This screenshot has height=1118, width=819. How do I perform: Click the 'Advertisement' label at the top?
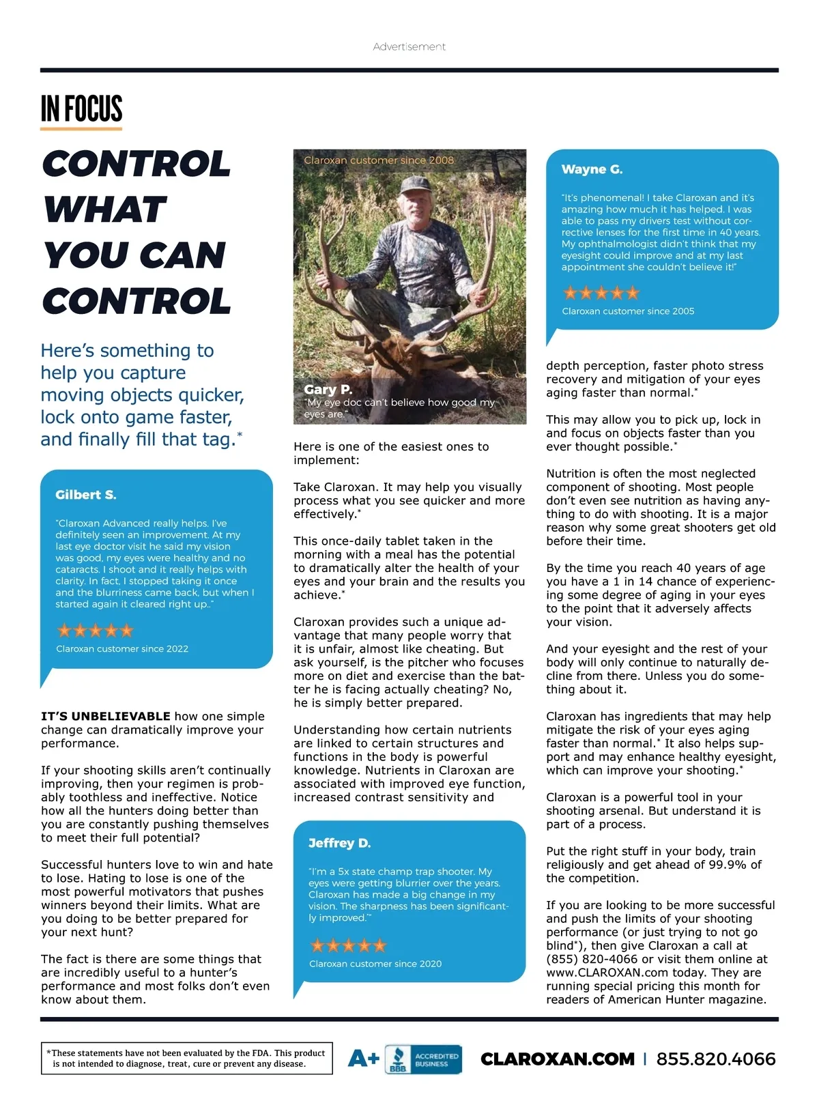point(409,46)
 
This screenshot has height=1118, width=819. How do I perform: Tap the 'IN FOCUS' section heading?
point(81,109)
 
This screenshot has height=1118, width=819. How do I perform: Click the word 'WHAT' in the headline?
point(105,210)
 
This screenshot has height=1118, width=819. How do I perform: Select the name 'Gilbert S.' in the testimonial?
point(86,495)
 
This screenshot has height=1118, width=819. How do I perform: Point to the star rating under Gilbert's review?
point(95,630)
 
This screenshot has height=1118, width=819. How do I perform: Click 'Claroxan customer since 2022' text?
point(122,648)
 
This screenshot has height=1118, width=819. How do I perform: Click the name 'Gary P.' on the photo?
point(328,389)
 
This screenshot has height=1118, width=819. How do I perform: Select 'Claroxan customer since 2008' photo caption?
point(379,160)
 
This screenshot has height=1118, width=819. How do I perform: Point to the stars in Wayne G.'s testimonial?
point(601,293)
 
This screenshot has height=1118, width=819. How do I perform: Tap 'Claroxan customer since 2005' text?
point(628,311)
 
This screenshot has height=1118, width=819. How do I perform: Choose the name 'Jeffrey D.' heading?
point(339,843)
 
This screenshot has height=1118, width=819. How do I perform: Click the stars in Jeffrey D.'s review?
point(348,945)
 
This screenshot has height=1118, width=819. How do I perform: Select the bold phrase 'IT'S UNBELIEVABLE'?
point(106,716)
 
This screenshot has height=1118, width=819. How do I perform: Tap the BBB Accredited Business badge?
point(423,1059)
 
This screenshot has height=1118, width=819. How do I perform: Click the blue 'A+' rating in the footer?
point(363,1059)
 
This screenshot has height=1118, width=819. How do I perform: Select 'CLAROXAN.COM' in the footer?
point(558,1059)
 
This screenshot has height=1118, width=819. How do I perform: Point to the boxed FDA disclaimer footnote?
point(186,1058)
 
